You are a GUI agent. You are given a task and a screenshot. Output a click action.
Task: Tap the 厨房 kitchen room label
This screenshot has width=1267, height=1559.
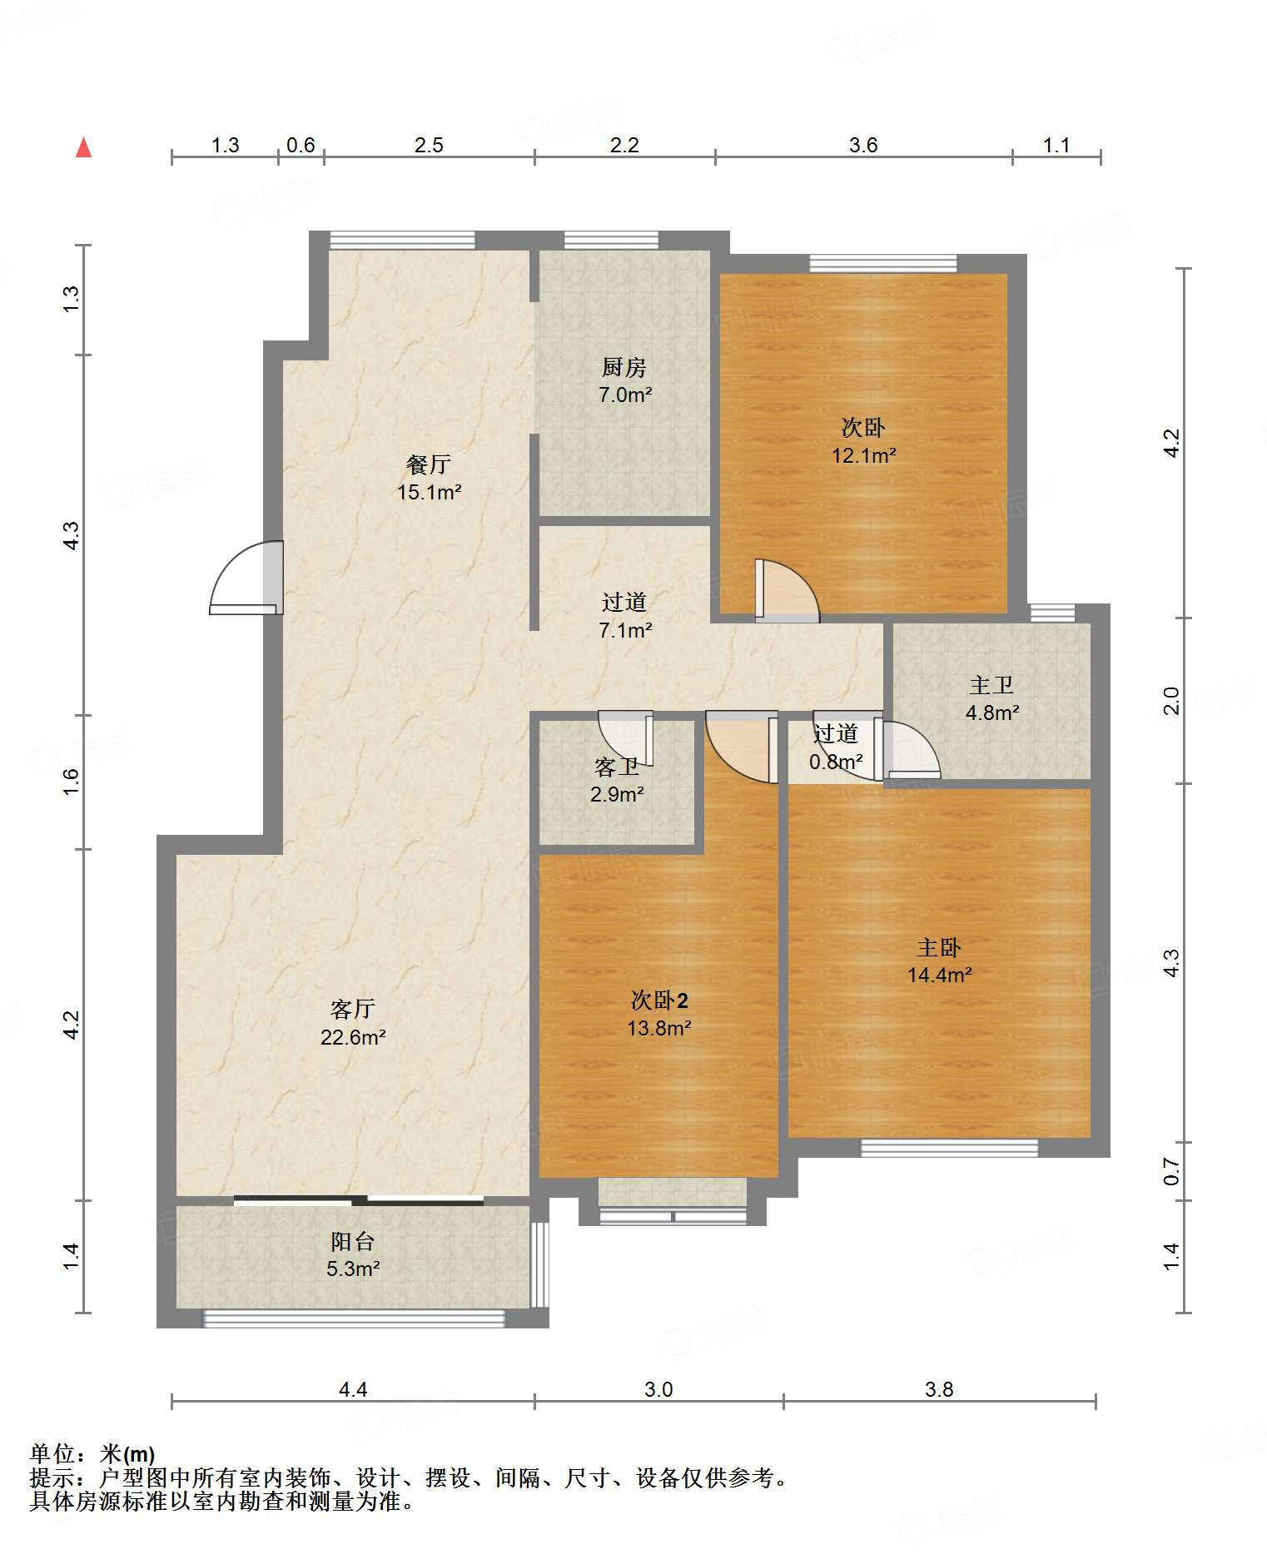coord(624,366)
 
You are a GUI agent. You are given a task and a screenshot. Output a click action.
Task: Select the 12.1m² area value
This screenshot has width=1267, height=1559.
coord(863,455)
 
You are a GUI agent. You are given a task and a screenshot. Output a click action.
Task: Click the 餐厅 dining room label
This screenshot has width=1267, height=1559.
coord(429,464)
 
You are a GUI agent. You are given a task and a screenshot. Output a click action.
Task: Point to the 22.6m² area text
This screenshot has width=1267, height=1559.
coord(353,1037)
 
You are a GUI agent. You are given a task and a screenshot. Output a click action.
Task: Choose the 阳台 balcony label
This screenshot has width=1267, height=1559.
coord(353,1241)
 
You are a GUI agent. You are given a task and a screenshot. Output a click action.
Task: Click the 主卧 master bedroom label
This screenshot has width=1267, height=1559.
coord(939,947)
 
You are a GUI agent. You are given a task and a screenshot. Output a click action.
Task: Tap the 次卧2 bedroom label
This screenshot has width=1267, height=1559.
coord(659,1000)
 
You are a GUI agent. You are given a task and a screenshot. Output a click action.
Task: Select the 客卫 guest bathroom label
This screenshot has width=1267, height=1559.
coord(617,767)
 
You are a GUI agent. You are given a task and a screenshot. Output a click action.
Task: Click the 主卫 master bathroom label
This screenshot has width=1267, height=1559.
coord(991,685)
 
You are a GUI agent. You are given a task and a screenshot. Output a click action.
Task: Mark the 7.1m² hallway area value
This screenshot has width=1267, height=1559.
coord(625,631)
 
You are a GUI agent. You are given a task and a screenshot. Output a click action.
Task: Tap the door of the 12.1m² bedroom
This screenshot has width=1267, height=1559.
coord(787,590)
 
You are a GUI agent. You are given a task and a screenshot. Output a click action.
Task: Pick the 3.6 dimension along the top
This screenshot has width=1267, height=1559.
coord(863,146)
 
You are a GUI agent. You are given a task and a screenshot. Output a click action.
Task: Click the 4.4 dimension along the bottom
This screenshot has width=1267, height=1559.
coord(353,1389)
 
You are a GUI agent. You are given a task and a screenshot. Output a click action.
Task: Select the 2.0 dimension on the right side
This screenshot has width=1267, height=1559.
coord(1171,700)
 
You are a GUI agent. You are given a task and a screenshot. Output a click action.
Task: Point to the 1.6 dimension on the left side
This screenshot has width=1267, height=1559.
coord(72,782)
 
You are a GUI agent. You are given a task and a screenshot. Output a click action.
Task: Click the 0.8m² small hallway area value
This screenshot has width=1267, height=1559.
coord(836,762)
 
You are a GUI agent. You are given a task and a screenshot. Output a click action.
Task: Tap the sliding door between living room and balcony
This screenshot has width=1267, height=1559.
coord(359,1200)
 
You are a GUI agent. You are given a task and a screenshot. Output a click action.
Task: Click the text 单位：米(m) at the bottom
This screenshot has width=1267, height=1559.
coord(92,1454)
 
